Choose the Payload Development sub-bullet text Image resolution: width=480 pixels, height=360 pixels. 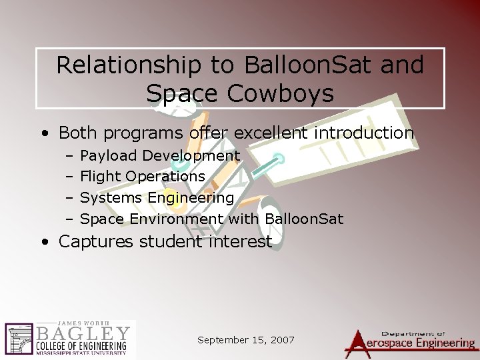tap(160, 156)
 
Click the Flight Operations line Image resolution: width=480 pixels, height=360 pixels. tap(142, 177)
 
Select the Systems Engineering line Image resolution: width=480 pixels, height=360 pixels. tap(157, 197)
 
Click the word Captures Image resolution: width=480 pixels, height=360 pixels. tap(95, 241)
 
